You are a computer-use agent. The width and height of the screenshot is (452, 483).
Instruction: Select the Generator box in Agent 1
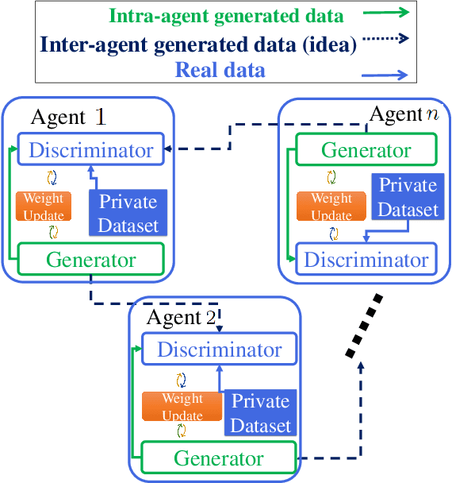pyautogui.click(x=90, y=260)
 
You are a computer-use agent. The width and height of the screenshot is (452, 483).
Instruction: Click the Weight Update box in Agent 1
pyautogui.click(x=44, y=206)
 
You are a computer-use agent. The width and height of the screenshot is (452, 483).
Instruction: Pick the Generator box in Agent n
pyautogui.click(x=366, y=150)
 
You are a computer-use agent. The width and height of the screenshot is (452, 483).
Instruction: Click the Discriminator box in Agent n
pyautogui.click(x=366, y=260)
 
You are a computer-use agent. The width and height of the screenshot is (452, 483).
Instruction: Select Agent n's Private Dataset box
pyautogui.click(x=408, y=197)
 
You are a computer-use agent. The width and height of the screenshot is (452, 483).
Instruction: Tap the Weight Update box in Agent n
pyautogui.click(x=331, y=206)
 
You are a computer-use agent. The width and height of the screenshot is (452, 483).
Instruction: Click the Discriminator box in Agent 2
pyautogui.click(x=218, y=350)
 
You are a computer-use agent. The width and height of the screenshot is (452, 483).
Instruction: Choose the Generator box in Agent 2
pyautogui.click(x=218, y=458)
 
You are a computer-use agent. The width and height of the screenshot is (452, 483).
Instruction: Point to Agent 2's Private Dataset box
pyautogui.click(x=260, y=413)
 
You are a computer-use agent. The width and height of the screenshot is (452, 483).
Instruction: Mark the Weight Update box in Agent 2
pyautogui.click(x=182, y=407)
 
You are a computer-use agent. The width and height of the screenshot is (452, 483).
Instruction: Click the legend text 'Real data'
pyautogui.click(x=220, y=71)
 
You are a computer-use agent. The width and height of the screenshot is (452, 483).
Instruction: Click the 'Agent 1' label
pyautogui.click(x=68, y=118)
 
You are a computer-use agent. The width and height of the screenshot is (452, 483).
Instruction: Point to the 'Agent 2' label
pyautogui.click(x=181, y=319)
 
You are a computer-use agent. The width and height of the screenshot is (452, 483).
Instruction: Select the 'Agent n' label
pyautogui.click(x=404, y=114)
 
